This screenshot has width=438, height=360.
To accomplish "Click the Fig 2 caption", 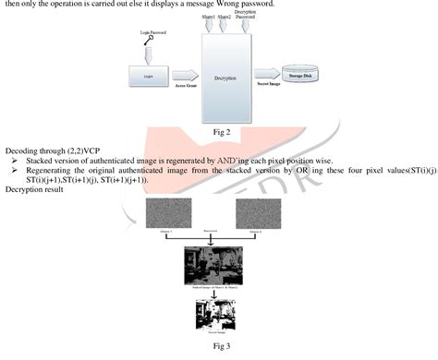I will [220, 132].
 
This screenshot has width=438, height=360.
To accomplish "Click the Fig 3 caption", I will [220, 347].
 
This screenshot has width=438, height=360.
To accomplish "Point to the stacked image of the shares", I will [219, 265].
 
